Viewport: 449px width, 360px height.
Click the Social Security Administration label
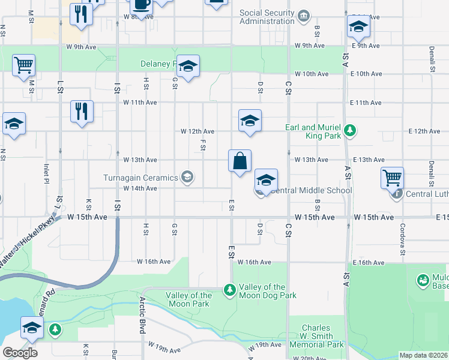point(267,17)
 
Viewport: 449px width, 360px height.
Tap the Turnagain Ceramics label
point(141,178)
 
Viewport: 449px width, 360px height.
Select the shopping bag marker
point(240,161)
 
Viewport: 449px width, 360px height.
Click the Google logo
point(20,352)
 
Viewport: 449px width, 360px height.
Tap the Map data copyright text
point(424,355)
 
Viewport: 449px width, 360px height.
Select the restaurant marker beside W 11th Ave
point(81,112)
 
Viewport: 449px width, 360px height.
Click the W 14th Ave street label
point(140,188)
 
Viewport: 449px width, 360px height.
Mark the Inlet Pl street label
point(46,173)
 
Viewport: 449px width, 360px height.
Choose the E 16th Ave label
point(368,263)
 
